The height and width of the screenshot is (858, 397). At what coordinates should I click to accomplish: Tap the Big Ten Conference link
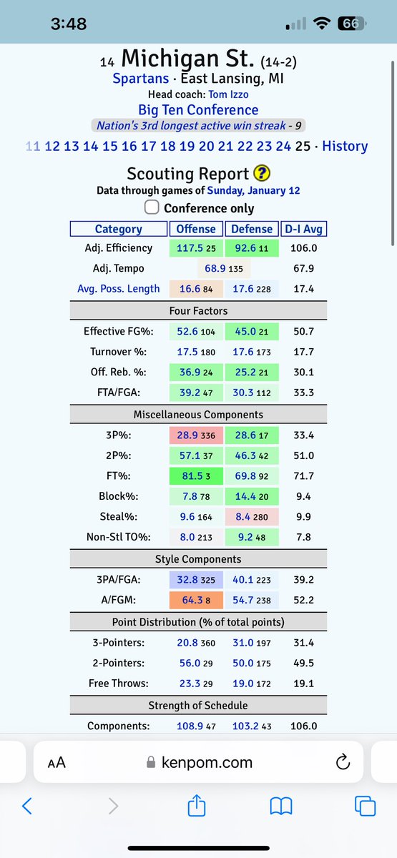(x=198, y=110)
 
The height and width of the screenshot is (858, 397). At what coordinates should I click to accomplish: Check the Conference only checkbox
(x=152, y=207)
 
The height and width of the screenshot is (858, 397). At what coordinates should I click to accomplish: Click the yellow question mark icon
(x=261, y=174)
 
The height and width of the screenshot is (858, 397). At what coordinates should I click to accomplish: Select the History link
(x=345, y=146)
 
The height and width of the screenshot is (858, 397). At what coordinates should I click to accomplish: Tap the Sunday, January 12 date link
(x=253, y=190)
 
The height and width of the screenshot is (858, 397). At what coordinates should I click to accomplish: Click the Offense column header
(x=196, y=229)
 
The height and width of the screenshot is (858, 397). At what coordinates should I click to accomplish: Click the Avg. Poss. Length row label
(x=119, y=289)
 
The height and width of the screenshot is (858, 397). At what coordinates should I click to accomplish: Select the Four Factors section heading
(x=198, y=310)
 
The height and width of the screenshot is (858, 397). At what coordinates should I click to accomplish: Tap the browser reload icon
(x=341, y=763)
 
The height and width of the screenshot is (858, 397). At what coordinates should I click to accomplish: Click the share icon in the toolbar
(x=196, y=807)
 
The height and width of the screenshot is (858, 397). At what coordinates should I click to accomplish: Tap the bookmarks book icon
(x=281, y=807)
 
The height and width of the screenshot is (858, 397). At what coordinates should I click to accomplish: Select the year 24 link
(x=283, y=146)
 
